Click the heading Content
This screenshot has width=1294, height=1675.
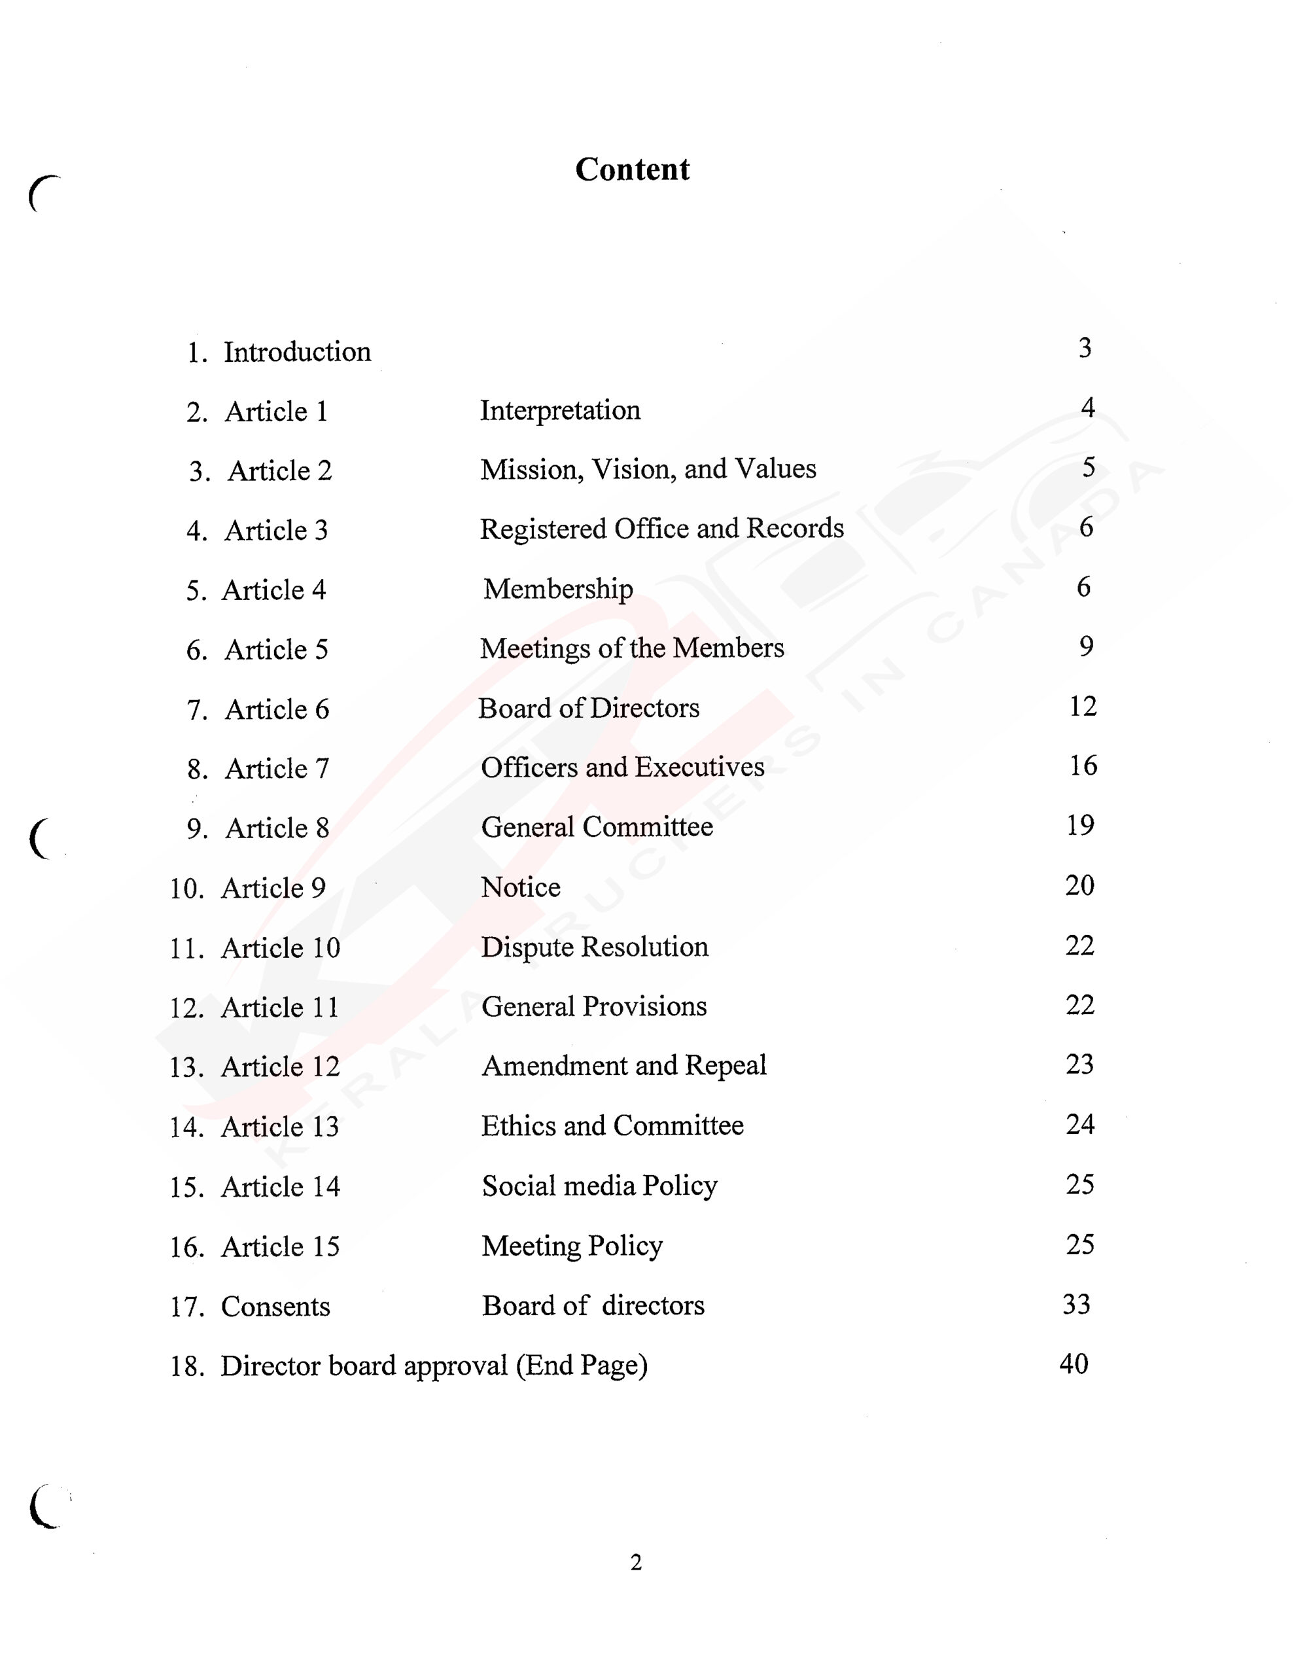point(632,169)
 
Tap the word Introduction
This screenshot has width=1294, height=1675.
point(297,352)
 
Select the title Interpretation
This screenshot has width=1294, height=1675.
point(560,410)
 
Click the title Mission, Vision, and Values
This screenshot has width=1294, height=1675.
point(648,469)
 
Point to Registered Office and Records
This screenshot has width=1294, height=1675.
point(661,529)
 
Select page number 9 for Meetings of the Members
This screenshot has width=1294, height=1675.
point(1086,646)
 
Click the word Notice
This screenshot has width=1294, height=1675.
point(520,887)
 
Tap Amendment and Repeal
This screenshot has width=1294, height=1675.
point(623,1066)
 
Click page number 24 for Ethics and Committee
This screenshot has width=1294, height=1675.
point(1079,1124)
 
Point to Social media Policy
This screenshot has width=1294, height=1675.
point(599,1186)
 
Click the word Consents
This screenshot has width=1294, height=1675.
point(275,1307)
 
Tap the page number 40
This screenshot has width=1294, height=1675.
point(1074,1364)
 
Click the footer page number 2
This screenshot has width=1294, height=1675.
point(636,1562)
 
